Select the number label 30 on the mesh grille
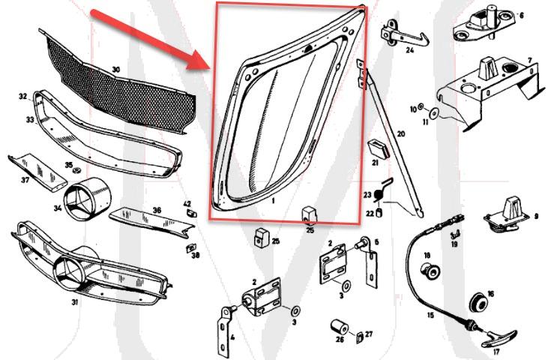pos(115,70)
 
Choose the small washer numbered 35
pos(77,174)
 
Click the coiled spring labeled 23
pos(380,196)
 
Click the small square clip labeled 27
pos(358,334)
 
